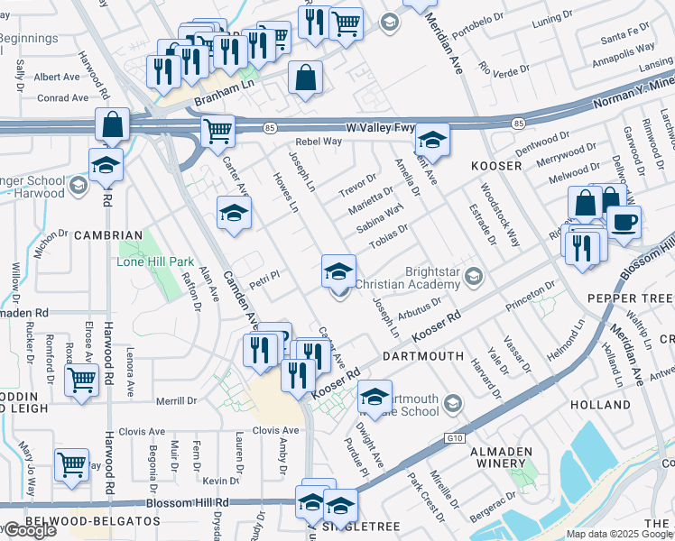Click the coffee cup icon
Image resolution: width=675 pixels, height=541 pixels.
pyautogui.click(x=624, y=222)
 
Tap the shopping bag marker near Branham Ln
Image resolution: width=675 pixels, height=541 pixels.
pyautogui.click(x=306, y=78)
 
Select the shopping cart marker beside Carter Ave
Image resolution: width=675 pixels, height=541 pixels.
pyautogui.click(x=217, y=132)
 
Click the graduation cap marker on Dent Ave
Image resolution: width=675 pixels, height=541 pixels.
pyautogui.click(x=432, y=140)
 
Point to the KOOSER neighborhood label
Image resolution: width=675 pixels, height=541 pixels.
pyautogui.click(x=496, y=167)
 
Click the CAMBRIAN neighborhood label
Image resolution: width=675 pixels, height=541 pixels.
pyautogui.click(x=108, y=234)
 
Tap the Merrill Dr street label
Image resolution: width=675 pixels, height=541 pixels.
pyautogui.click(x=177, y=401)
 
